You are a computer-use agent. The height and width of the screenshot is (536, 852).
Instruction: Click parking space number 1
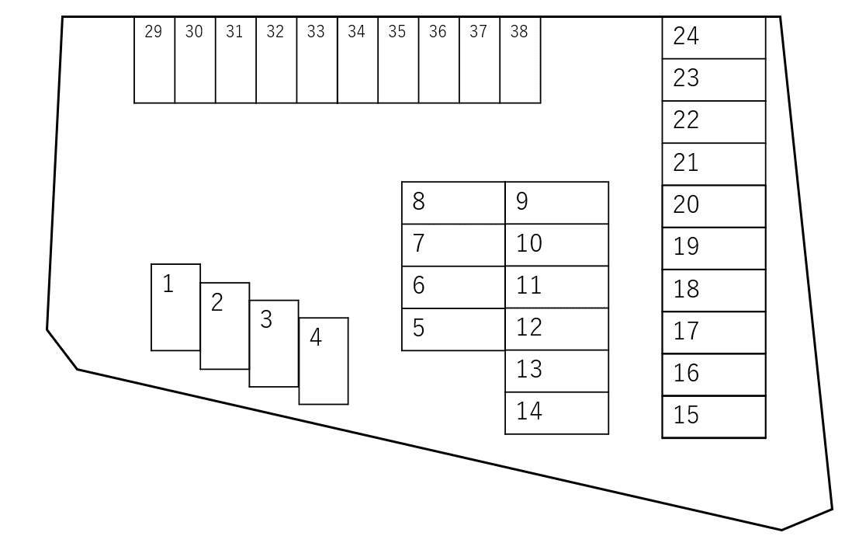pos(175,308)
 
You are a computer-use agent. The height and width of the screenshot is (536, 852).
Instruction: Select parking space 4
pos(324,361)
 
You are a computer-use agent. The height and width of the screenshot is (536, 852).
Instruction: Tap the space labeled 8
pos(453,204)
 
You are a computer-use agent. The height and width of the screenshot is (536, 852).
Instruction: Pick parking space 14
pos(556,413)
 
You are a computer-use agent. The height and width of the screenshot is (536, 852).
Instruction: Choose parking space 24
pos(713,37)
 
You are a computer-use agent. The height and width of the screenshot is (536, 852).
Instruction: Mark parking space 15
pos(713,417)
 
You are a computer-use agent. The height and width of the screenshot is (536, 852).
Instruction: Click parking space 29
pos(154,61)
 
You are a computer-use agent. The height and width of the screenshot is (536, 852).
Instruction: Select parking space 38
pos(520,61)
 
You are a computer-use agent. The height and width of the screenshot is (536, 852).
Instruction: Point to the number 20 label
pos(686,205)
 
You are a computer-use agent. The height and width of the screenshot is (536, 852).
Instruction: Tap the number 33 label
pos(316,32)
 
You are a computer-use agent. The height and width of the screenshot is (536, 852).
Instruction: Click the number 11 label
pos(528,285)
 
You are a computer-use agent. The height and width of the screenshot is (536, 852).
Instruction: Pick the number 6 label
pos(419,286)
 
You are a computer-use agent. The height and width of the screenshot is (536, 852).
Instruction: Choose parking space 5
pos(453,329)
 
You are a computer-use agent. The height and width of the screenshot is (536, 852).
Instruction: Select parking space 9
pos(556,204)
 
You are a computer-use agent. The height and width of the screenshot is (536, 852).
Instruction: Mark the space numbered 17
pos(713,332)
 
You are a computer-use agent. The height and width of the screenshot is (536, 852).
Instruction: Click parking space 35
pos(397,61)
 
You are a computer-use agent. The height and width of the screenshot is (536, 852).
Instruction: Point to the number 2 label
pos(217,302)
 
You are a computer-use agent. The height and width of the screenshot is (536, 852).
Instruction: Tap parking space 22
pos(713,122)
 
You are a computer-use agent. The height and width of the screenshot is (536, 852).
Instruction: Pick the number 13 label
pos(528,369)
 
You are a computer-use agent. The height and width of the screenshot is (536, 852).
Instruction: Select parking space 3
pos(274,343)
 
